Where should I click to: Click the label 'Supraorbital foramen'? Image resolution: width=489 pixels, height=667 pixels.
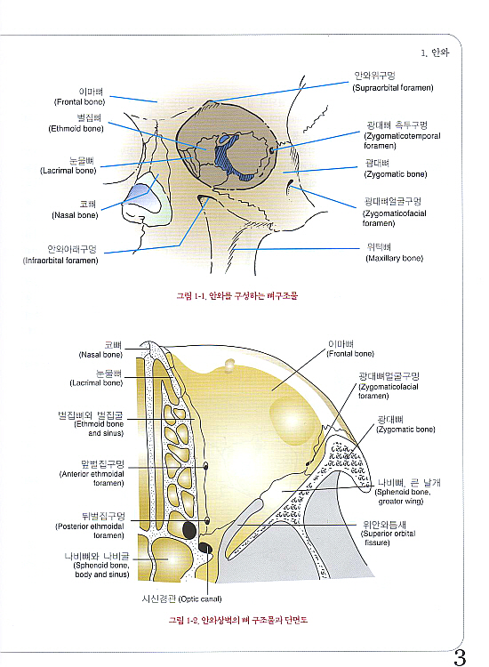click(x=393, y=82)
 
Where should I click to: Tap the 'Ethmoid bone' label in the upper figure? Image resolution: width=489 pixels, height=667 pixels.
click(x=76, y=123)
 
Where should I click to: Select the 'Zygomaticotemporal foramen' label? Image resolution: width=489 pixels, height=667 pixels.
click(x=402, y=135)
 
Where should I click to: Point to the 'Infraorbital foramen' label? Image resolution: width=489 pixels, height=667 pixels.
click(x=60, y=254)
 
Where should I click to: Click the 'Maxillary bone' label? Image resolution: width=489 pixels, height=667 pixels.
click(x=394, y=253)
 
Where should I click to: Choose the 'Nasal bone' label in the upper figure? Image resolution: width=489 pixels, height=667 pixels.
click(x=75, y=210)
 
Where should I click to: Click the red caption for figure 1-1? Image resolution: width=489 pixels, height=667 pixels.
click(x=236, y=295)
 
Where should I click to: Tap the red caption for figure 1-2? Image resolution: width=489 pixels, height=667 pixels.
click(x=237, y=620)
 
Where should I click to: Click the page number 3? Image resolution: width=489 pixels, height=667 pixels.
click(x=460, y=657)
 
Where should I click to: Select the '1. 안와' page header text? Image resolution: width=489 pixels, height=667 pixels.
click(x=435, y=52)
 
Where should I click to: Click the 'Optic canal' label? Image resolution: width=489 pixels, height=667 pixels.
click(x=181, y=599)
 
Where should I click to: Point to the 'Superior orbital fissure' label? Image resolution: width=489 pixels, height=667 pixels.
click(x=388, y=534)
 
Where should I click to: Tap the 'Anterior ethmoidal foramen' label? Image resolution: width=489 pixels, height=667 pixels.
click(x=92, y=473)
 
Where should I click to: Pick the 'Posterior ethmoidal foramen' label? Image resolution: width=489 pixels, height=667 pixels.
click(x=90, y=526)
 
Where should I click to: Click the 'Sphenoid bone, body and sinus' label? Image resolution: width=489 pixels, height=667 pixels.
click(x=97, y=566)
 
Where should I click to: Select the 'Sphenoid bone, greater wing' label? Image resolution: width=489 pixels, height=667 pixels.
click(x=407, y=492)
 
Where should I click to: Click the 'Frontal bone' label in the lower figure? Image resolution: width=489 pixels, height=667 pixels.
click(x=350, y=349)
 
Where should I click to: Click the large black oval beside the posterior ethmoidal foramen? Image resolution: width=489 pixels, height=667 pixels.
click(x=189, y=530)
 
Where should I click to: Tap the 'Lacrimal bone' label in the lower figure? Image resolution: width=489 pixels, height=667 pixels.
click(x=97, y=378)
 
